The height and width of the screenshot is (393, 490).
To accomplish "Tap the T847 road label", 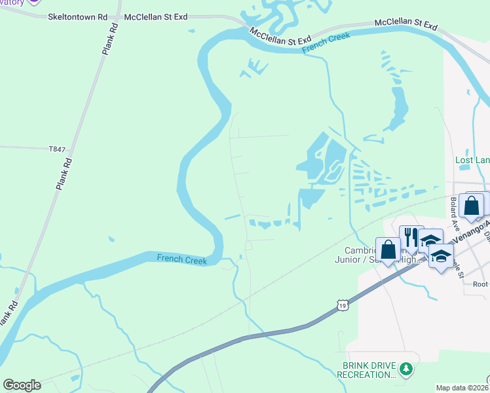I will (57, 149).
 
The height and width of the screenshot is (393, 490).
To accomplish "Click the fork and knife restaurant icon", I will (411, 236).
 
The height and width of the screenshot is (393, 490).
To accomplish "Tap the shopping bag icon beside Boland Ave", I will (471, 205).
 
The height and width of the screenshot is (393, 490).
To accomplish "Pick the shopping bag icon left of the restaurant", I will (388, 249).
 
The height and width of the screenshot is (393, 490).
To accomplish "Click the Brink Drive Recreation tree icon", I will (406, 370).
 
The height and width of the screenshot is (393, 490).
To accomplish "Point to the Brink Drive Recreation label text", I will (366, 370).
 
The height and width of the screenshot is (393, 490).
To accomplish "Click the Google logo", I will (22, 385).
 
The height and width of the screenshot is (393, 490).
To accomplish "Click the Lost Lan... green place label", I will (472, 160).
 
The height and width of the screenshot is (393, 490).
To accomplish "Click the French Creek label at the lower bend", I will (181, 259).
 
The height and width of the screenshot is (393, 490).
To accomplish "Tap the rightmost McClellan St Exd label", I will (405, 24).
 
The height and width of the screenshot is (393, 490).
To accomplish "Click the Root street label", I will (481, 284).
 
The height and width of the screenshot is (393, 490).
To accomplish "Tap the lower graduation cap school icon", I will (441, 256).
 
